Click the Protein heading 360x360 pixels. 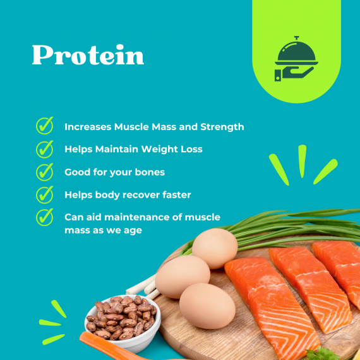(x=88, y=56)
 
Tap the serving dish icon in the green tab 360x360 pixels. (x=294, y=59)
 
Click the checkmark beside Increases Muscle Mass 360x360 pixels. (x=44, y=126)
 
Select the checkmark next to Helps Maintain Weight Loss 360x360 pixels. (x=44, y=149)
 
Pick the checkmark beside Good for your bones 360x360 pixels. (x=44, y=172)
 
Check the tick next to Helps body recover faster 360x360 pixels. (x=44, y=195)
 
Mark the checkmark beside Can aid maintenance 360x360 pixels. (x=44, y=217)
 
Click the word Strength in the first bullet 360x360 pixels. (x=222, y=127)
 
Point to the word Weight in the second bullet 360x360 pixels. (x=151, y=150)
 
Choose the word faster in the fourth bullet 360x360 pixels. (x=176, y=195)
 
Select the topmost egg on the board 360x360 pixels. (x=214, y=248)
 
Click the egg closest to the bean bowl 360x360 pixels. (x=182, y=275)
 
